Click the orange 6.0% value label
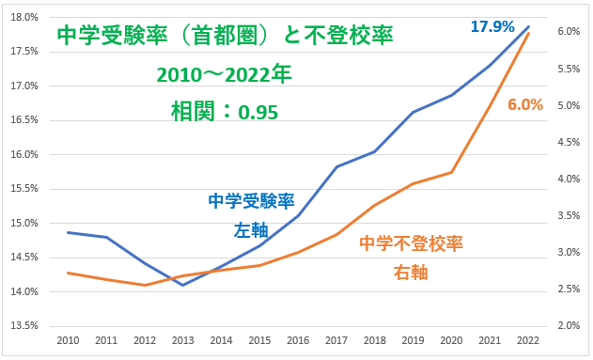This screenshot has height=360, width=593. pyautogui.click(x=525, y=104)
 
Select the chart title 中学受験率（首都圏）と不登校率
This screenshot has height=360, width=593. pyautogui.click(x=225, y=37)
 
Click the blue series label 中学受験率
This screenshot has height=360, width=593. pyautogui.click(x=251, y=201)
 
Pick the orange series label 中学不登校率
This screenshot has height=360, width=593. pyautogui.click(x=411, y=243)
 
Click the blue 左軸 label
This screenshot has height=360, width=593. pyautogui.click(x=251, y=229)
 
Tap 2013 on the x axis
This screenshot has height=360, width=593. pyautogui.click(x=182, y=340)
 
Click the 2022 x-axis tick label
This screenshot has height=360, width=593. pyautogui.click(x=528, y=340)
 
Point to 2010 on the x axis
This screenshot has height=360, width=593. pyautogui.click(x=67, y=340)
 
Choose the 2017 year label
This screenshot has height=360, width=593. pyautogui.click(x=336, y=340)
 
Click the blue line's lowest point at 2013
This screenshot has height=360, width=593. pyautogui.click(x=182, y=285)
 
